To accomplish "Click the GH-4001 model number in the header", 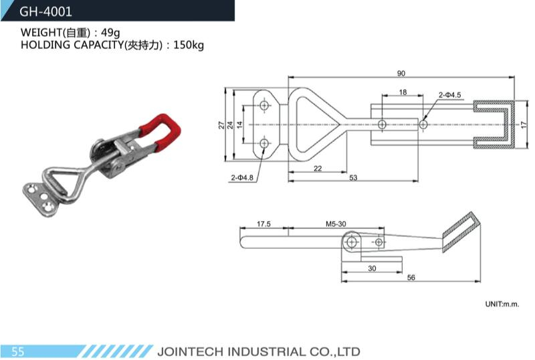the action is pyautogui.click(x=45, y=11).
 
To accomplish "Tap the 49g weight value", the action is pyautogui.click(x=110, y=32).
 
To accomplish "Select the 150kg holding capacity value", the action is pyautogui.click(x=189, y=45).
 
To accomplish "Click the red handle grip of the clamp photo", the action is pyautogui.click(x=161, y=130).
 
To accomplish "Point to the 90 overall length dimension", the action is pyautogui.click(x=401, y=74).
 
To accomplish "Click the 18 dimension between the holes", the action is pyautogui.click(x=403, y=92).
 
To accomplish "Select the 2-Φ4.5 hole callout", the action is pyautogui.click(x=449, y=95).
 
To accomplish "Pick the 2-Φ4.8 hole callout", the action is pyautogui.click(x=242, y=177).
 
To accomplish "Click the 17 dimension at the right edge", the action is pyautogui.click(x=524, y=124).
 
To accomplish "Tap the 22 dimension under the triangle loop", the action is pyautogui.click(x=318, y=169).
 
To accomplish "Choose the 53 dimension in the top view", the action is pyautogui.click(x=353, y=177).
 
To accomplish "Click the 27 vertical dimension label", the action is pyautogui.click(x=222, y=125).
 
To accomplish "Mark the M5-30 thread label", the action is pyautogui.click(x=336, y=224).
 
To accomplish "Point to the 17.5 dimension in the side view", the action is pyautogui.click(x=263, y=224).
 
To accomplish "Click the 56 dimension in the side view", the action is pyautogui.click(x=411, y=277).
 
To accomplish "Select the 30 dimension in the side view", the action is pyautogui.click(x=372, y=268).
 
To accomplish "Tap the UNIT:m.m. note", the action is pyautogui.click(x=502, y=304).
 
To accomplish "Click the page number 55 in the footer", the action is pyautogui.click(x=18, y=351).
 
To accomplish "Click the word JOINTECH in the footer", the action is pyautogui.click(x=191, y=352).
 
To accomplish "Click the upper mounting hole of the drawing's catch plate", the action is pyautogui.click(x=264, y=105).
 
